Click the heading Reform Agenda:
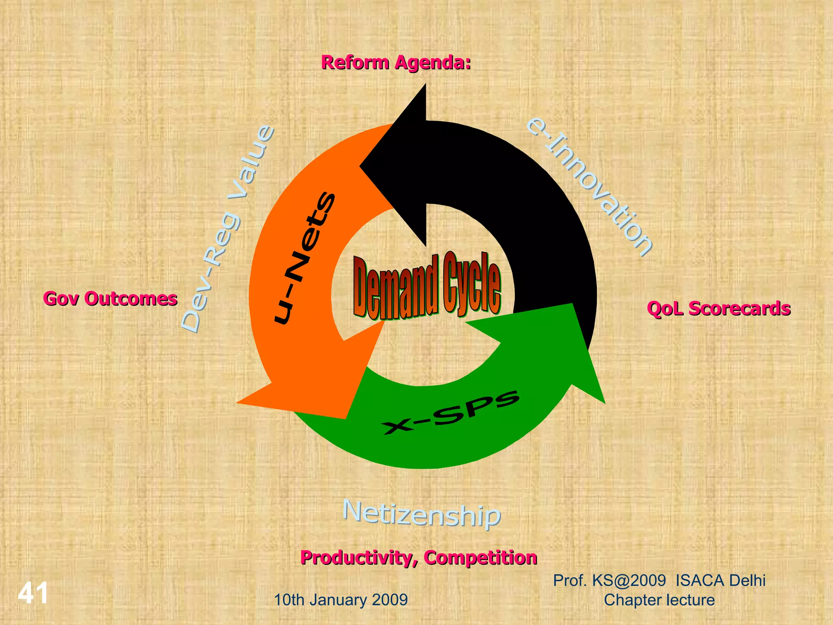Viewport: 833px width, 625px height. coord(396,63)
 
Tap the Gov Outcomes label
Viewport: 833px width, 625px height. coord(110,299)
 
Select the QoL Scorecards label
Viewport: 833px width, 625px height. coord(718,308)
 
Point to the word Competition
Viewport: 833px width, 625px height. coord(480,557)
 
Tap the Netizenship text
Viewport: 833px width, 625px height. coord(421,514)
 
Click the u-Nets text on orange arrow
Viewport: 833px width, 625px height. coord(305,258)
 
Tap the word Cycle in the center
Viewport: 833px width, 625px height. coord(472,283)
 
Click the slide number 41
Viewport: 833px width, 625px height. coord(33,593)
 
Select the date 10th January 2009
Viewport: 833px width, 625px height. coord(341,600)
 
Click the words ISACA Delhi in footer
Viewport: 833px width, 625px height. coord(720,580)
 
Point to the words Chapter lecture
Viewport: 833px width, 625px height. coord(659,600)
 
